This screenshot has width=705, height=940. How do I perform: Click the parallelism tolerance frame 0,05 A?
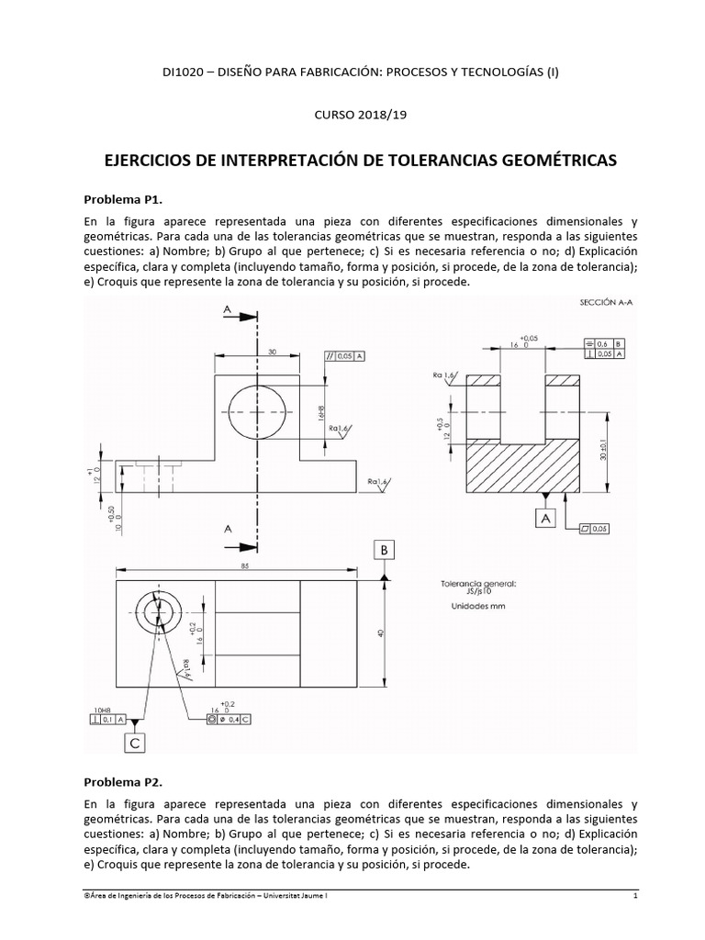pyautogui.click(x=344, y=355)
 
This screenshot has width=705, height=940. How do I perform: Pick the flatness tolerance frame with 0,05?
pyautogui.click(x=596, y=528)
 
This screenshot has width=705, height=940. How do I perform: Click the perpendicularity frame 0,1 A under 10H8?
pyautogui.click(x=114, y=721)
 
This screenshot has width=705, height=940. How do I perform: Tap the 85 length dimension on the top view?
pyautogui.click(x=244, y=566)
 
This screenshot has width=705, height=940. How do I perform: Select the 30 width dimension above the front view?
pyautogui.click(x=272, y=352)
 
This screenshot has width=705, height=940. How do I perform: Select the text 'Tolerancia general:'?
pyautogui.click(x=479, y=582)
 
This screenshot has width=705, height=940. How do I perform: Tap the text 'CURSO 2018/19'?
pyautogui.click(x=353, y=115)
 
